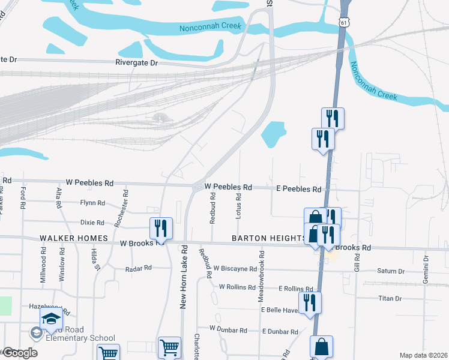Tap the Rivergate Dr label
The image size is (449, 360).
pos(136,62)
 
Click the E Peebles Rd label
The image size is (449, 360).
pos(298,188)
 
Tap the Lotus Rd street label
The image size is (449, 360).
pos(239,206)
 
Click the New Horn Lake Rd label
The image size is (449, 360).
pos(184,277)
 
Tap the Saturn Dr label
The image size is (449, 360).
pos(391,271)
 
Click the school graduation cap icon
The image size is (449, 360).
pos(52,319)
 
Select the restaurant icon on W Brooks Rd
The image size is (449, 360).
pos(161,227)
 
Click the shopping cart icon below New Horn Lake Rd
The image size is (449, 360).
pos(169,347)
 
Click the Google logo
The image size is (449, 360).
pos(20,353)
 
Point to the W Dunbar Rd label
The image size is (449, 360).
pos(228,329)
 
